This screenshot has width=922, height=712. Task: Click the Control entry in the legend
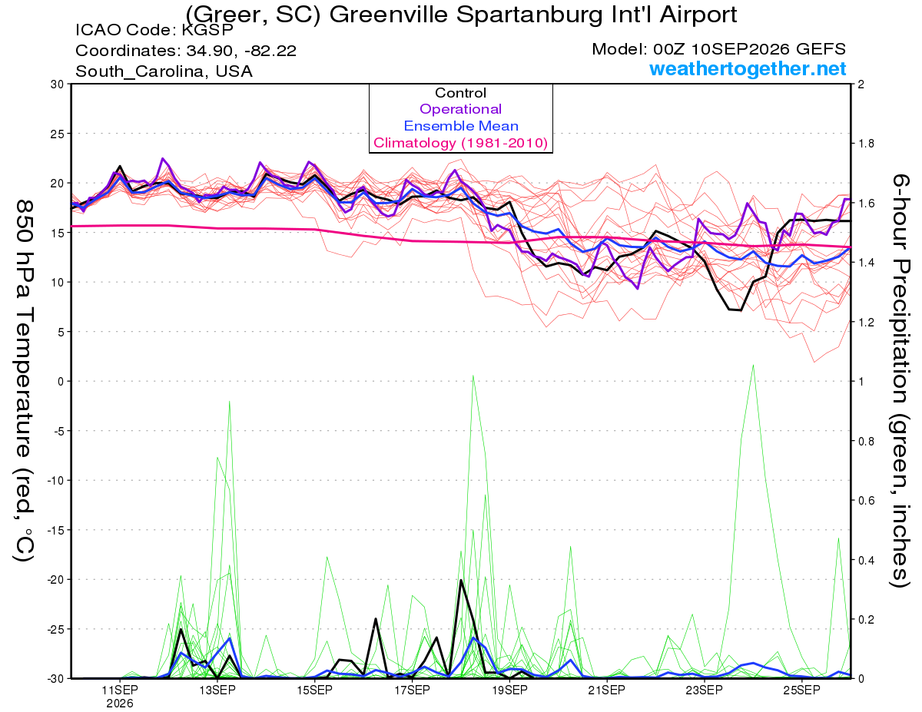460,93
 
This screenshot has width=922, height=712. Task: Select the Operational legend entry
460,109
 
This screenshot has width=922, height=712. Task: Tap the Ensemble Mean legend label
461,126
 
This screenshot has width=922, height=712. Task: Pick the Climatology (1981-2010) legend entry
460,143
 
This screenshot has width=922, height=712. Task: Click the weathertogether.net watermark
748,69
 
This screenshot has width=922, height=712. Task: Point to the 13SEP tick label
217,690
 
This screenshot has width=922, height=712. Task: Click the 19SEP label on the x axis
509,690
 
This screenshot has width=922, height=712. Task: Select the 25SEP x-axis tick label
801,690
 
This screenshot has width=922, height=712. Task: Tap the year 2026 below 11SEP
120,704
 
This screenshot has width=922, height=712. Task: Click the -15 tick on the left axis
55,530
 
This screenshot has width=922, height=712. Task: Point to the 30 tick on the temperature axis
58,84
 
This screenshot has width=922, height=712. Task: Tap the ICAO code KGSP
207,30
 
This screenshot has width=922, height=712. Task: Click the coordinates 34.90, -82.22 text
241,51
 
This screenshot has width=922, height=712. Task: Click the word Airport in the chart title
698,15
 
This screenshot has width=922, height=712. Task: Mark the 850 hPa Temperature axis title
25,382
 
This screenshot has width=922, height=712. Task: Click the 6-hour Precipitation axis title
900,380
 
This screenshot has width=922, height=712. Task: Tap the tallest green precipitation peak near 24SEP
753,365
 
